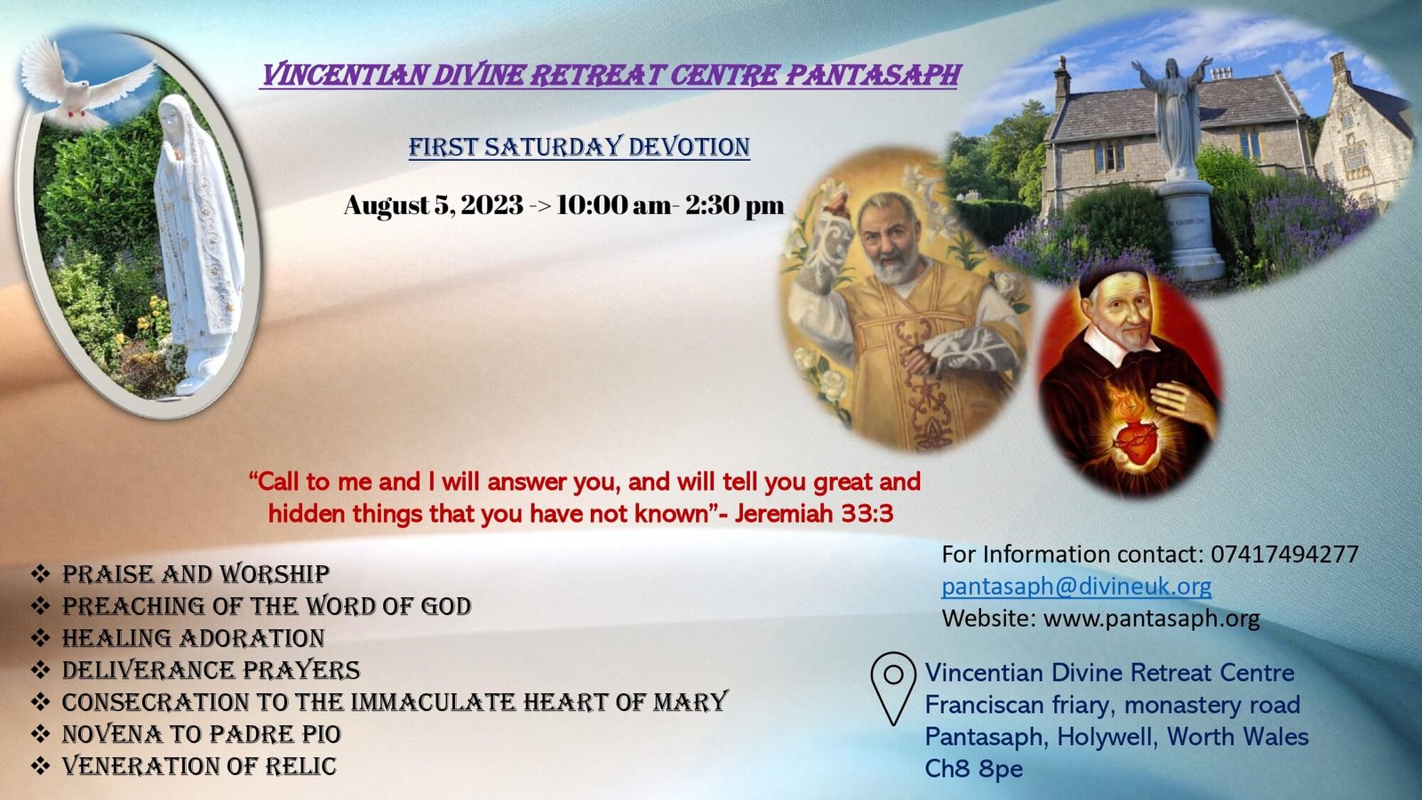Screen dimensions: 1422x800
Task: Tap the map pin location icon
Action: tap(893, 688)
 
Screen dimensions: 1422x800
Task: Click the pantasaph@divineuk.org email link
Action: tap(1076, 586)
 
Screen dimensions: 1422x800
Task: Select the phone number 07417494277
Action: tap(1284, 555)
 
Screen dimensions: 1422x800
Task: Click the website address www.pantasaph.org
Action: tap(1152, 618)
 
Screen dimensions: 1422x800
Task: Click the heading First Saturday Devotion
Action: tap(579, 147)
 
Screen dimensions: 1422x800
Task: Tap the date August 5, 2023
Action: tap(434, 205)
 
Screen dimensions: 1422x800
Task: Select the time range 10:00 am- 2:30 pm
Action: tap(670, 205)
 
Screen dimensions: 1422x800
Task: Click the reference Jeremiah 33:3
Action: tap(814, 513)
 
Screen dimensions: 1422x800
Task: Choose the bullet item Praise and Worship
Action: tap(196, 574)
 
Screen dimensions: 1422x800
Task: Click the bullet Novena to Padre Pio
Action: tap(201, 734)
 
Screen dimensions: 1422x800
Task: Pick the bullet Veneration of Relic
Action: tap(199, 765)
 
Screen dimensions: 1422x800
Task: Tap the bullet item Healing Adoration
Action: tap(193, 638)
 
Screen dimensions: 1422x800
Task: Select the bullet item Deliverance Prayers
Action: tap(211, 670)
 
